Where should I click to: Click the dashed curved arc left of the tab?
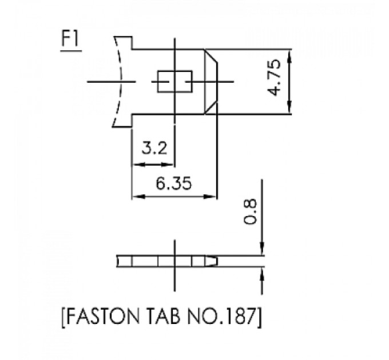coord(121,81)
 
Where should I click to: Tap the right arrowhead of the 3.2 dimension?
coord(170,165)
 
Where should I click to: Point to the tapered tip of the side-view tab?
coord(212,261)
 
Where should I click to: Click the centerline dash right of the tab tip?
coord(225,81)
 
